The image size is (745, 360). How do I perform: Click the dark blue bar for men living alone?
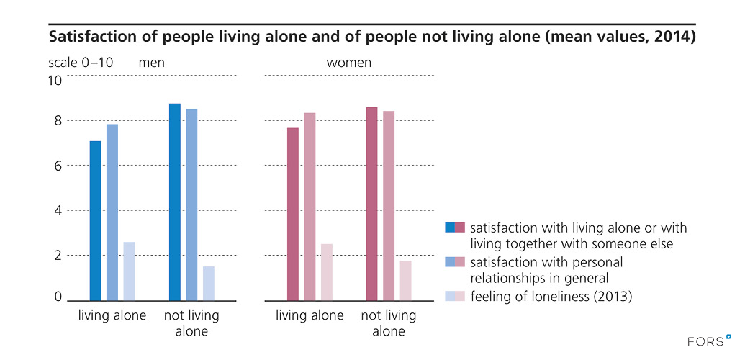point(95,220)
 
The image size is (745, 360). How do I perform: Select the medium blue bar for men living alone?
point(112,212)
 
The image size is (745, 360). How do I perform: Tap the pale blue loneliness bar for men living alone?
point(129,271)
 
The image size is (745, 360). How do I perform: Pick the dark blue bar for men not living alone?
point(175,202)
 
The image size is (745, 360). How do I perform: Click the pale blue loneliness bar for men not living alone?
point(209,283)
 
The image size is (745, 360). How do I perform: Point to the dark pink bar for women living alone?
point(293,214)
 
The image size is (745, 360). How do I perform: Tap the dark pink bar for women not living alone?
point(372,203)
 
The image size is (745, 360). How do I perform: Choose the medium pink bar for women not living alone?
point(389,205)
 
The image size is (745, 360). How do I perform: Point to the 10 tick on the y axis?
point(55,81)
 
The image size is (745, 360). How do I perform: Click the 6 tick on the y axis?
point(58,165)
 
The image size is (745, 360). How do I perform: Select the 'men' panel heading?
point(152,63)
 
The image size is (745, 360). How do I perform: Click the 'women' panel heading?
point(349,63)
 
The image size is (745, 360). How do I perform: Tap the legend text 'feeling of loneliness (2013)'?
point(551,296)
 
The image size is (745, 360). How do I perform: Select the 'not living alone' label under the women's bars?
point(388,323)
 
